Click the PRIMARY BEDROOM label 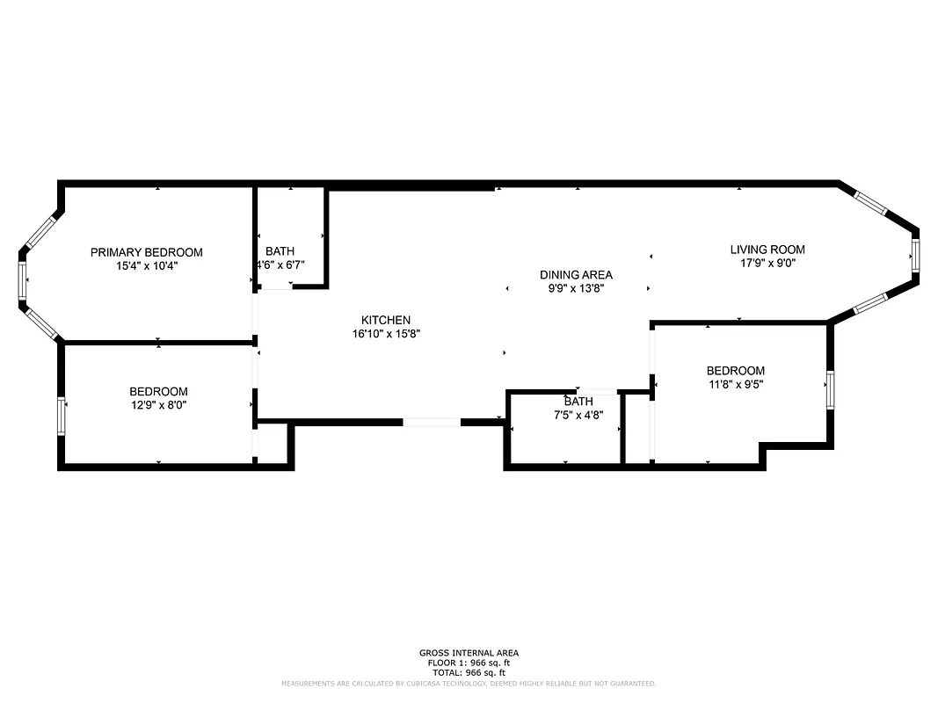(146, 252)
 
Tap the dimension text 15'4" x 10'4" (146, 265)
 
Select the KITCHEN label (386, 320)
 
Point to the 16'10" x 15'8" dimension (386, 334)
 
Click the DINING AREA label (576, 275)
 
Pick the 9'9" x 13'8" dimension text (576, 288)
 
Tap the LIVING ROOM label (767, 250)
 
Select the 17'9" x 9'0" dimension (767, 263)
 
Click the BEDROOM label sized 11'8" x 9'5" (735, 371)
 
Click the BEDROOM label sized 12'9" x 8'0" (158, 392)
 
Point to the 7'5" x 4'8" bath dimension (578, 415)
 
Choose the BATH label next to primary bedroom (280, 251)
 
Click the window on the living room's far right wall (914, 256)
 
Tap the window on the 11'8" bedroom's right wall (829, 389)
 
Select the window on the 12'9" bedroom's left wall (62, 416)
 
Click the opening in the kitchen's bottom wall (431, 423)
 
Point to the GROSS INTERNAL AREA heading (469, 653)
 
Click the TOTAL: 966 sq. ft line (469, 672)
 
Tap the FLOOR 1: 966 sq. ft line (469, 663)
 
